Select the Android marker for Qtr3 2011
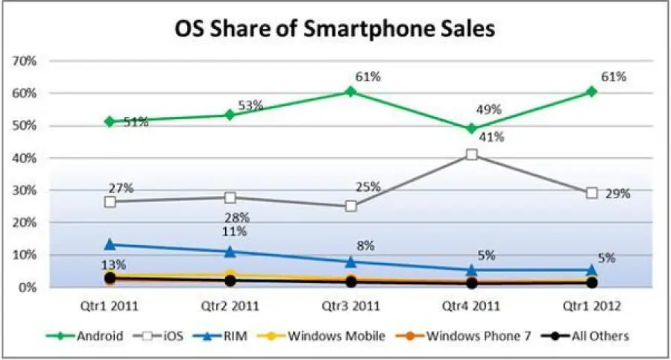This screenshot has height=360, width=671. [350, 92]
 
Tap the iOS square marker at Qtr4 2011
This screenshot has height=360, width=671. [471, 155]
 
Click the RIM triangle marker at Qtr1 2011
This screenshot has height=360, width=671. [110, 244]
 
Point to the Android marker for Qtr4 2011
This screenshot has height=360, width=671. [471, 128]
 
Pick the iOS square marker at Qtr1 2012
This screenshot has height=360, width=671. [591, 193]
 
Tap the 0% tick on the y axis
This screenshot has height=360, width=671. [28, 287]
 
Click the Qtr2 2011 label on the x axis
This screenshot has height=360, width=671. [230, 305]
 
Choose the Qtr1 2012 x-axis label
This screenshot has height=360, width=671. [591, 305]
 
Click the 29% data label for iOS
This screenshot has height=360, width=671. [618, 194]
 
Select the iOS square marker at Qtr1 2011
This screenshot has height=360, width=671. [110, 202]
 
